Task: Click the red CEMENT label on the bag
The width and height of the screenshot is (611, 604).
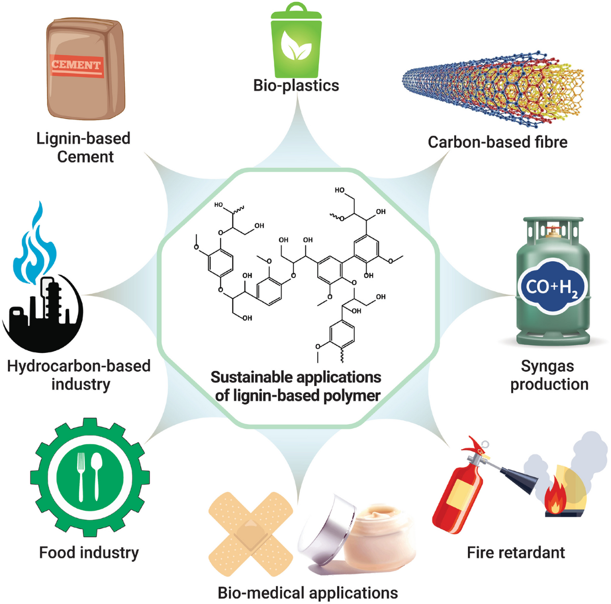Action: click(x=76, y=66)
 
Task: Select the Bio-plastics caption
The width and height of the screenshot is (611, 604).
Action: click(x=296, y=85)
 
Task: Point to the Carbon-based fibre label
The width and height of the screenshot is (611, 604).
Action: click(x=497, y=142)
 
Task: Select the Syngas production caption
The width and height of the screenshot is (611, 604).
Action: click(x=549, y=375)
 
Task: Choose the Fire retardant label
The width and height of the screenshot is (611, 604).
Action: click(x=516, y=553)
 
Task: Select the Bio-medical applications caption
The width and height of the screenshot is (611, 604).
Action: click(x=308, y=593)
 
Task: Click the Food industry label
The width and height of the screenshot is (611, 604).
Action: click(x=89, y=553)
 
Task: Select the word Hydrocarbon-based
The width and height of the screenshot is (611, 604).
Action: click(x=79, y=366)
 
